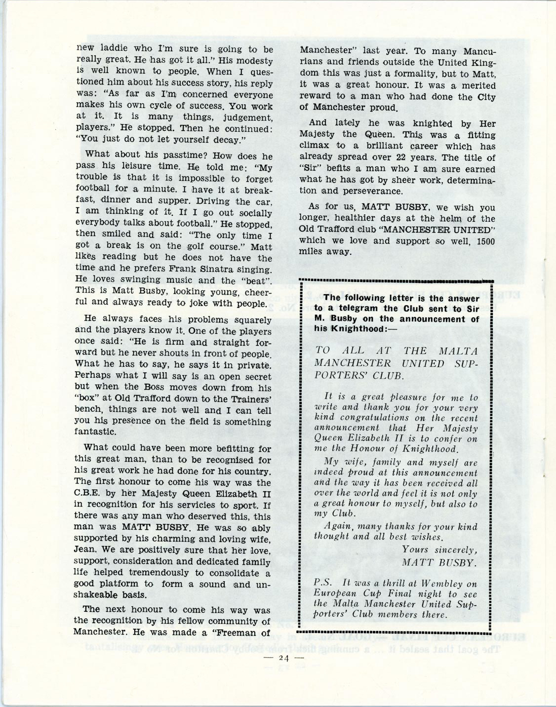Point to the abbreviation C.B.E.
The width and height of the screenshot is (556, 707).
[x=91, y=494]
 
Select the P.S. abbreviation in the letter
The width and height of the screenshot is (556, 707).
[x=323, y=583]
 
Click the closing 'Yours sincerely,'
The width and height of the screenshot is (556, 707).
[x=439, y=549]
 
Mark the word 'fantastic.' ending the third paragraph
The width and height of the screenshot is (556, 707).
[x=95, y=432]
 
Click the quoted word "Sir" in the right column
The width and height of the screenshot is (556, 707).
[x=310, y=169]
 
